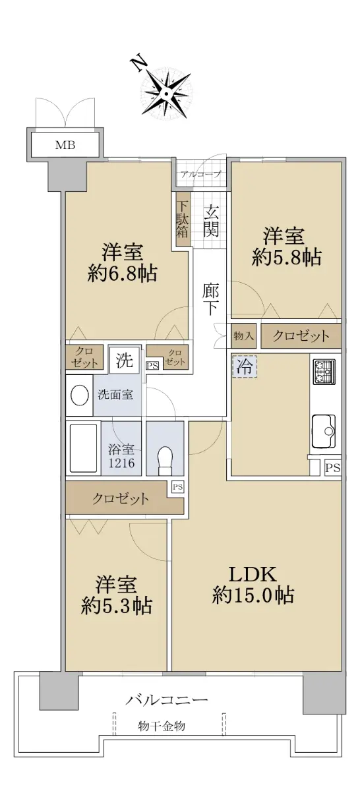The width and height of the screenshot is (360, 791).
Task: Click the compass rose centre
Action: click(165, 94)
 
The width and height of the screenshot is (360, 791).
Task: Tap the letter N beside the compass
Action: click(140, 63)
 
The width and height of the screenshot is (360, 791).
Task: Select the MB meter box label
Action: click(65, 145)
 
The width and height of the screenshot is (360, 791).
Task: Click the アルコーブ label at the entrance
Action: click(200, 174)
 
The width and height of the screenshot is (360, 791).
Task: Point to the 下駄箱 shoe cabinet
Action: click(183, 219)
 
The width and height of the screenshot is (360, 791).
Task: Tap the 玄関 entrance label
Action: click(210, 221)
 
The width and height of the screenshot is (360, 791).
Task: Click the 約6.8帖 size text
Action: click(122, 273)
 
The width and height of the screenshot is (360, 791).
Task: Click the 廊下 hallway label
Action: click(210, 299)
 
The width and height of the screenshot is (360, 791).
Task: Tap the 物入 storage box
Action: click(243, 336)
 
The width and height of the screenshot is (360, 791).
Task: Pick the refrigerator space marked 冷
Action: click(245, 367)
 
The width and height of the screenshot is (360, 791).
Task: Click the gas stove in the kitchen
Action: click(324, 372)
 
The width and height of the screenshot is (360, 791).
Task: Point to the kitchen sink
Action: click(323, 430)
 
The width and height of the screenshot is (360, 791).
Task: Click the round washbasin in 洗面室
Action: click(80, 395)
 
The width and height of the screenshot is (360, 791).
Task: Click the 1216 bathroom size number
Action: click(121, 463)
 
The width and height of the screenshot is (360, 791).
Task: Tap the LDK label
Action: click(253, 575)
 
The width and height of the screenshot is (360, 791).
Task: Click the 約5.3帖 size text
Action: click(117, 606)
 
